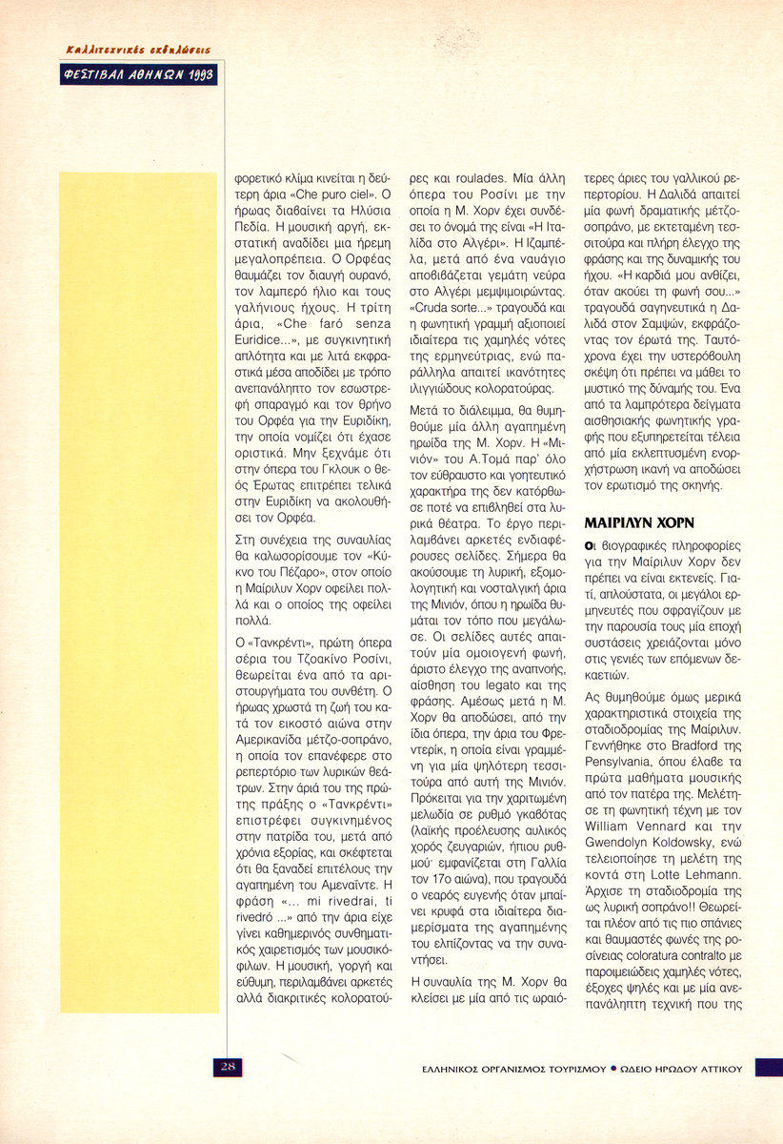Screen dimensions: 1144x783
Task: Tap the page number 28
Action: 229,1067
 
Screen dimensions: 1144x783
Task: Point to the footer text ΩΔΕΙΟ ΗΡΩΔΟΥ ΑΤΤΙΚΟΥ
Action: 682,1069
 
